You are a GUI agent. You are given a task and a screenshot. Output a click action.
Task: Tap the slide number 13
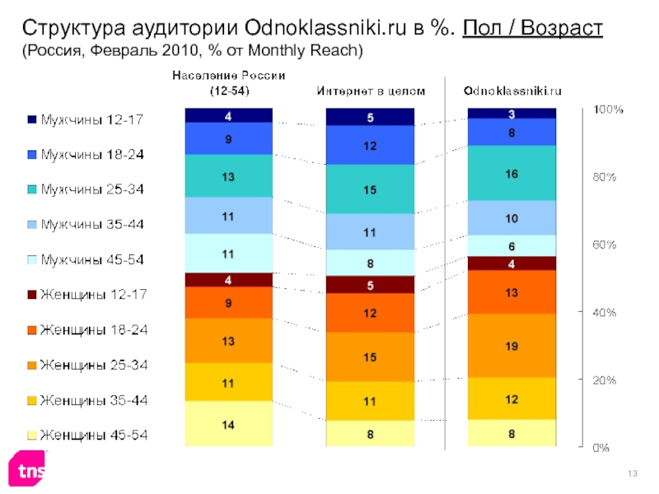[633, 471]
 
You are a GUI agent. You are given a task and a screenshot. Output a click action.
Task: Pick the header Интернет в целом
[372, 91]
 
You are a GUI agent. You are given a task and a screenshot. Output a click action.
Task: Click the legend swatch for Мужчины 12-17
[32, 120]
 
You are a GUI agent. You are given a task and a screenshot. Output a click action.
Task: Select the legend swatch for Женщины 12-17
[32, 295]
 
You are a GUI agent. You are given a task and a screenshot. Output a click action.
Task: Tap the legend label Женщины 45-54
[93, 435]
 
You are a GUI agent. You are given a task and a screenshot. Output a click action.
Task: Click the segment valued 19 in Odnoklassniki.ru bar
[512, 346]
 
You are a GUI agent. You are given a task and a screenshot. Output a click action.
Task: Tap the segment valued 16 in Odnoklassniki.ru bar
[512, 173]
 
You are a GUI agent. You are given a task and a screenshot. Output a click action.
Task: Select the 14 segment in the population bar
[228, 425]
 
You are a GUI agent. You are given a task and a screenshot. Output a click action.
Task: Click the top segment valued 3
[512, 113]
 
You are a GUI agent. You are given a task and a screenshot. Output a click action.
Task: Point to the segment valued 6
[512, 245]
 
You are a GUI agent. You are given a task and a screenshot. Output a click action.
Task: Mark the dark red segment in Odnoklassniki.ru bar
[512, 263]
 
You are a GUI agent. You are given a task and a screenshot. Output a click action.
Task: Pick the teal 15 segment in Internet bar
[372, 189]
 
